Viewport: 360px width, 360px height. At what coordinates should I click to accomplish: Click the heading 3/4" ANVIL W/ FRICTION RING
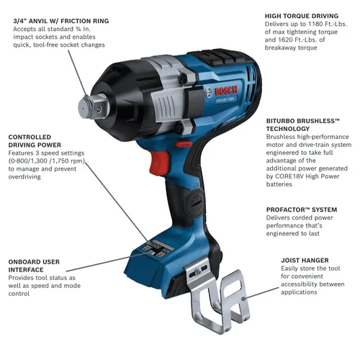click(x=61, y=21)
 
